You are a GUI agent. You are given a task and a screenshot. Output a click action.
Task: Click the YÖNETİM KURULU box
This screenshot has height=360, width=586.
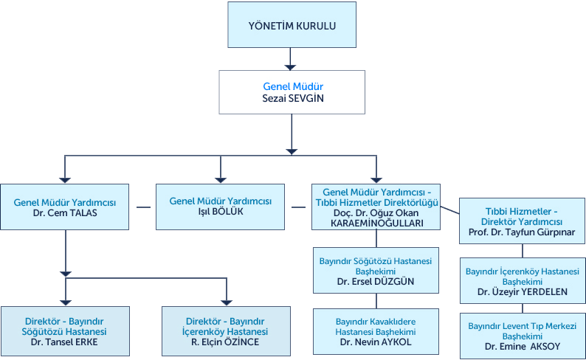[x=292, y=26]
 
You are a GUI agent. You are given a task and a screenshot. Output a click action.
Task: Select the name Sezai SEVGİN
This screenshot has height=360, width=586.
[x=292, y=98]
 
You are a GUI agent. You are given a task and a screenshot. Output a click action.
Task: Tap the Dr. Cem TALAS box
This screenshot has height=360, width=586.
[x=66, y=207]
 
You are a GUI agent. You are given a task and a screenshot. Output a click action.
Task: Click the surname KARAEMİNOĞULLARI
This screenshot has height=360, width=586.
[x=376, y=223]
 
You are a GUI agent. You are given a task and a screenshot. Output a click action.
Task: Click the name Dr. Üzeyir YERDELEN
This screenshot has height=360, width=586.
[x=522, y=291]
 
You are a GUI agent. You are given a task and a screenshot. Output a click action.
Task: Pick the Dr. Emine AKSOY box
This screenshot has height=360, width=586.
[x=522, y=336]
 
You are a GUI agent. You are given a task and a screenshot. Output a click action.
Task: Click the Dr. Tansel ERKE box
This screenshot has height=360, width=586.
[x=66, y=331]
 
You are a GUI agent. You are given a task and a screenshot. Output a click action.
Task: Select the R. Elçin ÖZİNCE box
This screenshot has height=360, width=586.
[x=225, y=331]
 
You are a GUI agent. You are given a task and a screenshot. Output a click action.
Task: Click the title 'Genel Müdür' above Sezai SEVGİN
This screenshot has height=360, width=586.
[x=292, y=86]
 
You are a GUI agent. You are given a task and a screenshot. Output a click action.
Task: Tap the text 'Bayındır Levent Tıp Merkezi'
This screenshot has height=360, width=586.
[x=522, y=325]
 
